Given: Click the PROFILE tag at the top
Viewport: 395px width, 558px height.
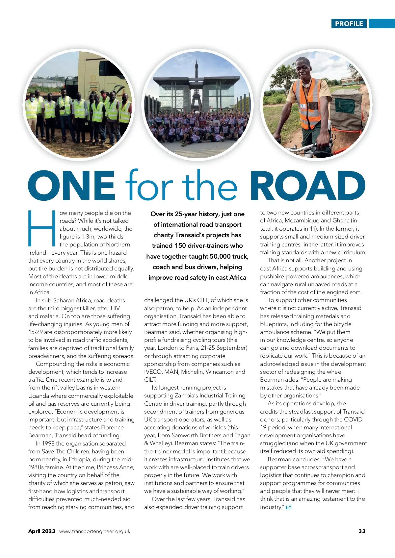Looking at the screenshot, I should click(x=349, y=24).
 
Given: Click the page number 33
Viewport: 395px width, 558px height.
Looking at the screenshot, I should click(x=362, y=531).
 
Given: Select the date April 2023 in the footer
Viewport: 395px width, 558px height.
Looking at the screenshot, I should click(x=42, y=531).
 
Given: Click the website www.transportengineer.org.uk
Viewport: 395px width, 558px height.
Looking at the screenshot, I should click(x=95, y=531).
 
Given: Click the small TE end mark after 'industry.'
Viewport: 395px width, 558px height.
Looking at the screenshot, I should click(x=289, y=507).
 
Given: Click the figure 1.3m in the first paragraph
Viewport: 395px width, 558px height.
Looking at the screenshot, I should click(x=88, y=237).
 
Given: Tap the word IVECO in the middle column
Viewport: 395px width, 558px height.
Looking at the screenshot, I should click(x=153, y=372).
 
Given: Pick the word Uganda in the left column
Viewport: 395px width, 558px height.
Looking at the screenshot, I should click(x=39, y=396).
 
